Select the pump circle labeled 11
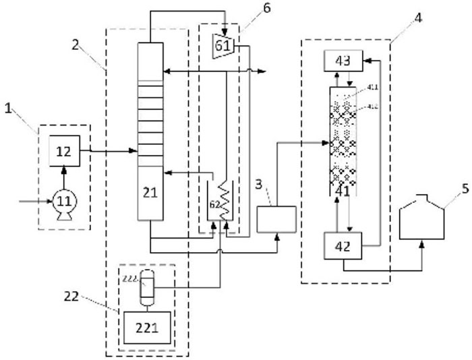(65, 200)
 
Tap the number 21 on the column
(150, 192)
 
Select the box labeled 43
(343, 61)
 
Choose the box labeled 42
(343, 246)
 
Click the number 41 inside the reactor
(343, 191)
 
